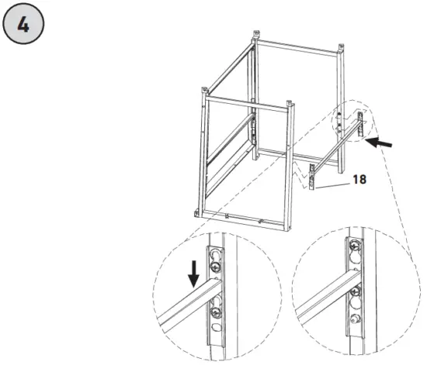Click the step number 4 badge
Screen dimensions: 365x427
[23, 23]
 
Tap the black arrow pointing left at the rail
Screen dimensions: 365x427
[380, 142]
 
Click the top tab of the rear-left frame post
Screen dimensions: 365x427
[255, 36]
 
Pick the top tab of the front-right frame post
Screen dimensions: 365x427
[290, 104]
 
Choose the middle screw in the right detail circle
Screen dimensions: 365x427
[355, 292]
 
